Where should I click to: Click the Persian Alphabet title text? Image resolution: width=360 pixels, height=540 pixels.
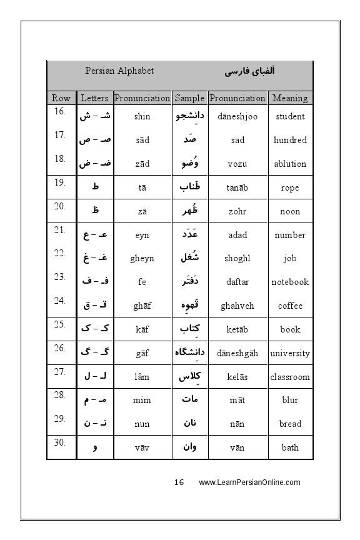pyautogui.click(x=119, y=71)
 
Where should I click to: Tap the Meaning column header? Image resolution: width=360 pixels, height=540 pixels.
pyautogui.click(x=290, y=98)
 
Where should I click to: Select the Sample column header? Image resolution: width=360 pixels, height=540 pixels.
pyautogui.click(x=189, y=98)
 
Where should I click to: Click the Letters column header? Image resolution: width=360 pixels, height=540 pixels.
pyautogui.click(x=94, y=98)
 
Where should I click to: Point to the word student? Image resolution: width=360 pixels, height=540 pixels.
pyautogui.click(x=290, y=116)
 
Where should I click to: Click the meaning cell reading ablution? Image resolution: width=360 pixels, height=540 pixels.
pyautogui.click(x=290, y=164)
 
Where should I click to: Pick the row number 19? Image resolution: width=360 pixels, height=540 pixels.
pyautogui.click(x=60, y=183)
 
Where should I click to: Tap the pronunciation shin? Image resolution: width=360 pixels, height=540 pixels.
pyautogui.click(x=142, y=116)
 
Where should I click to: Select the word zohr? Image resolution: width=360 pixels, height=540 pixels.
pyautogui.click(x=237, y=211)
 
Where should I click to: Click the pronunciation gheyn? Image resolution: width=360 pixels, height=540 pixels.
pyautogui.click(x=142, y=258)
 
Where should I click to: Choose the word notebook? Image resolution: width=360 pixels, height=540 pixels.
pyautogui.click(x=290, y=282)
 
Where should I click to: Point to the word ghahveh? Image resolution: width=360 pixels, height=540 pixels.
pyautogui.click(x=237, y=306)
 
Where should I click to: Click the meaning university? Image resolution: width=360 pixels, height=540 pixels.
pyautogui.click(x=290, y=353)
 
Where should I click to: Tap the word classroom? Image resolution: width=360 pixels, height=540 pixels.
pyautogui.click(x=290, y=377)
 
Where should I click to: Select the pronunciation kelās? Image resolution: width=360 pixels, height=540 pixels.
pyautogui.click(x=237, y=377)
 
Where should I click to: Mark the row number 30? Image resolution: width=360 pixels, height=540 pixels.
pyautogui.click(x=60, y=442)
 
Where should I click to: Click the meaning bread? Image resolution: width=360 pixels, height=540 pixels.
pyautogui.click(x=290, y=424)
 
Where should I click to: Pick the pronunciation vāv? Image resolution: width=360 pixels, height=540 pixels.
pyautogui.click(x=142, y=447)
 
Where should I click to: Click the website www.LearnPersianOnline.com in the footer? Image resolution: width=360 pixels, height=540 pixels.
pyautogui.click(x=249, y=482)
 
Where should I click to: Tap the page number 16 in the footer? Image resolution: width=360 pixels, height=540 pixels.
pyautogui.click(x=179, y=482)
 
